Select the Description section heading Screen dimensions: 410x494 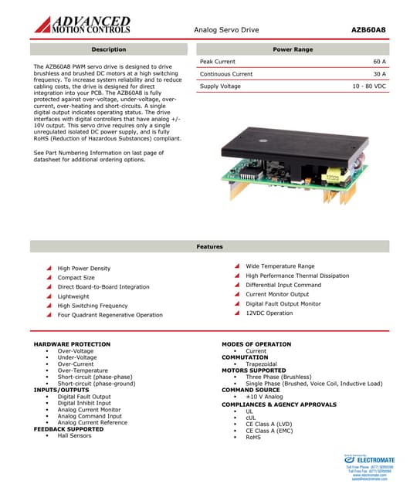pos(109,49)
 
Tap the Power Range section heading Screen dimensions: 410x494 pos(293,49)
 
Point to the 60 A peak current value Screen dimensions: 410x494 pos(379,62)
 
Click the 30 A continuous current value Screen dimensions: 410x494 pos(379,74)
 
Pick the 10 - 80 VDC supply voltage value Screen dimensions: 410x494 pos(369,86)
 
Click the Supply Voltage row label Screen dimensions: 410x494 pos(220,86)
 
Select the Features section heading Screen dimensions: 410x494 pos(209,246)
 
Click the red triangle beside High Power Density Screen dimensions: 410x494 pos(49,269)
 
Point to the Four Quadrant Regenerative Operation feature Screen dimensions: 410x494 pos(110,315)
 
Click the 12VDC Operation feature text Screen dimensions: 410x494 pos(269,313)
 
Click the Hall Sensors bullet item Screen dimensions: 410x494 pos(74,435)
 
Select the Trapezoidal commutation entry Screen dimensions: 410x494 pos(261,364)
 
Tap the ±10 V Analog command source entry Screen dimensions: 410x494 pos(264,397)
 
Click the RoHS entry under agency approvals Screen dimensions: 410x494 pos(253,437)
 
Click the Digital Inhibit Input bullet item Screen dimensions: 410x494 pos(84,403)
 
